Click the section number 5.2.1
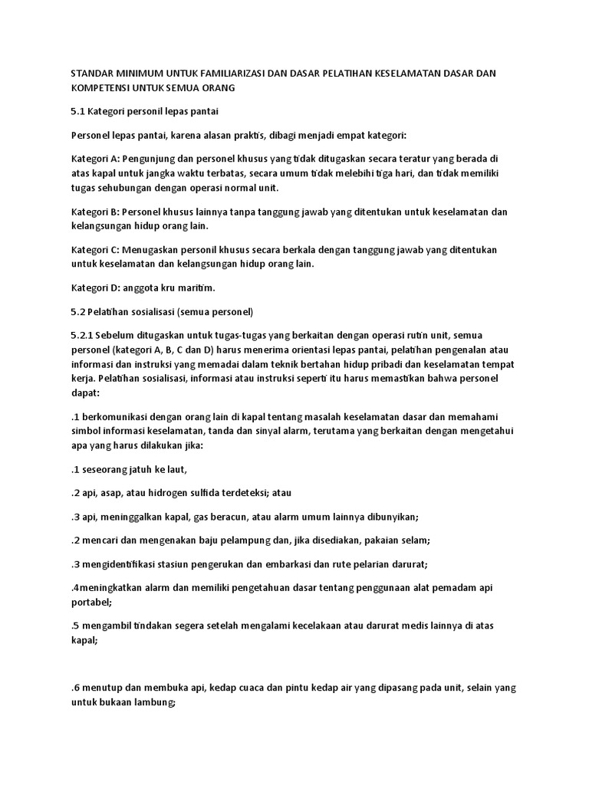84,335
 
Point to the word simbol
86,432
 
